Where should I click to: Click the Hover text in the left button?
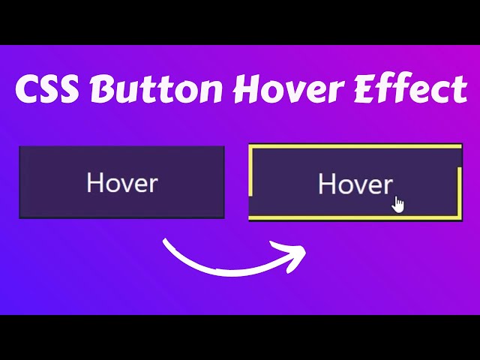pos(122,183)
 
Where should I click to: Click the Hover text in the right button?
pos(355,184)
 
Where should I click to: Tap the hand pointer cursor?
pos(398,204)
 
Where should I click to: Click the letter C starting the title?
pos(27,91)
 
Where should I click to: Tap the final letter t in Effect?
pos(460,91)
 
